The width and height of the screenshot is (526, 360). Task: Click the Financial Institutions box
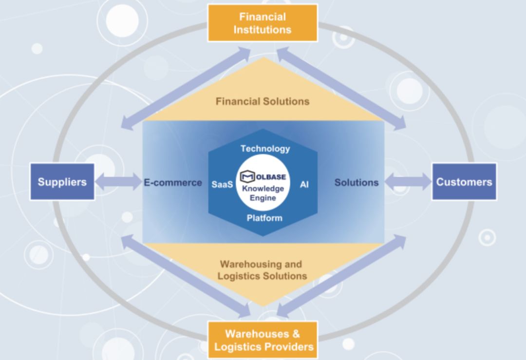[x=263, y=23]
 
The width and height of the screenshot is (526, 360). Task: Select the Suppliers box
[x=62, y=182]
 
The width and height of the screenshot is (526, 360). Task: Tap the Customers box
[x=464, y=182]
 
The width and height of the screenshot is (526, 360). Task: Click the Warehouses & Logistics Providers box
[x=263, y=340]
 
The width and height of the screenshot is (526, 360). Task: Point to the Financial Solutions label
[x=263, y=101]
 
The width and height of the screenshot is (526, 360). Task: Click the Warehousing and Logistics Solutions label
[x=262, y=270]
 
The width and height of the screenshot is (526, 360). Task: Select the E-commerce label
[x=173, y=183]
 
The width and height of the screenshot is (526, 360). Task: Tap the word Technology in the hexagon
[x=265, y=149]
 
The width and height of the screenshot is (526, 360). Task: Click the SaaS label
[x=222, y=184]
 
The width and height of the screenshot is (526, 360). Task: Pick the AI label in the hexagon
[x=304, y=184]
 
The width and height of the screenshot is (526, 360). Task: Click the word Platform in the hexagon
[x=264, y=218]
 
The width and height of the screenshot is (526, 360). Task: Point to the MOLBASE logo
[x=263, y=176]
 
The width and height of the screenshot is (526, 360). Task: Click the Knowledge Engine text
[x=263, y=193]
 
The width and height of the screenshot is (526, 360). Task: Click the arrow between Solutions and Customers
[x=408, y=182]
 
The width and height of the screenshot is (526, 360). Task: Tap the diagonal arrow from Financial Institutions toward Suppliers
[x=186, y=88]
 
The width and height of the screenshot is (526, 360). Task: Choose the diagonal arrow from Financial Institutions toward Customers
[x=341, y=88]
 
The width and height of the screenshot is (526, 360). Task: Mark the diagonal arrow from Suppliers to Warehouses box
[x=186, y=276]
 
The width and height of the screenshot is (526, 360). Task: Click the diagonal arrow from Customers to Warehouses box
[x=341, y=276]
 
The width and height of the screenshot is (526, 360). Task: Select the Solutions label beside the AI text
[x=356, y=183]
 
